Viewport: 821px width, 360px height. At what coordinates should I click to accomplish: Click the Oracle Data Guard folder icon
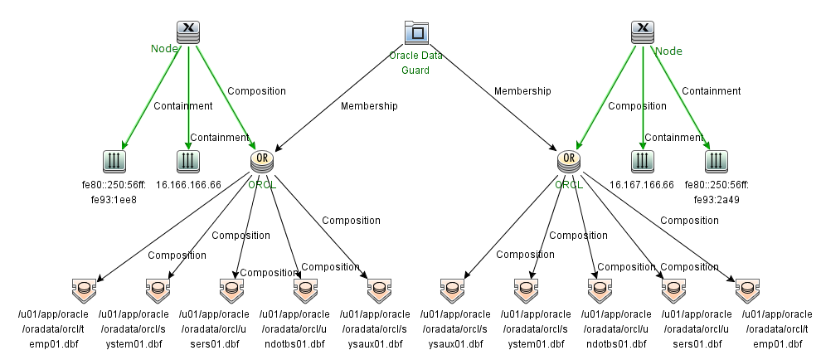415,32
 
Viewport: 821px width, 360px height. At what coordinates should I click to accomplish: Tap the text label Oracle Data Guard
415,63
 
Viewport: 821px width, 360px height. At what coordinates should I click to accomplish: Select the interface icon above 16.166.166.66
188,160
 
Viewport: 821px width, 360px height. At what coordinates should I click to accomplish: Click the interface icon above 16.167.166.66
642,160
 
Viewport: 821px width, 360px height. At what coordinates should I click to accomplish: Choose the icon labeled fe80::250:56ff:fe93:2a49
715,160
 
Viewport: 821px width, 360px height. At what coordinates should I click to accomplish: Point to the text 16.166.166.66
187,184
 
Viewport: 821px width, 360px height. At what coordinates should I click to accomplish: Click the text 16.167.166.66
642,184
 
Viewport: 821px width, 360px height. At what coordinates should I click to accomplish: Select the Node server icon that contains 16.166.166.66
188,32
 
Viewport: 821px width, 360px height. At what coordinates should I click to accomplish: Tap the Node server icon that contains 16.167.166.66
642,32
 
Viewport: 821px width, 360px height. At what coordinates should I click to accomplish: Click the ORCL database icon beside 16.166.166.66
262,160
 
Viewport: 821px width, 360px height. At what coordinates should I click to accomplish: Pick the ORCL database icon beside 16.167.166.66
568,160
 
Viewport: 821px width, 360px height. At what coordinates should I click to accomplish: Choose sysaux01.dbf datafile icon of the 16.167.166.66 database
454,289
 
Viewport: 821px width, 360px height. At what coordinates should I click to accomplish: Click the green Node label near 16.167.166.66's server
668,51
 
